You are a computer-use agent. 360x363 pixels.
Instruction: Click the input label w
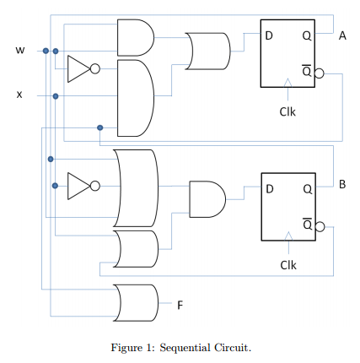20,51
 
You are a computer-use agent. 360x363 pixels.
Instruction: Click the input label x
19,95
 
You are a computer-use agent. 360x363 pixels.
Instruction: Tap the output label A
342,35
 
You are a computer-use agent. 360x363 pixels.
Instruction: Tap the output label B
342,184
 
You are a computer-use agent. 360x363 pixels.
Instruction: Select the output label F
180,305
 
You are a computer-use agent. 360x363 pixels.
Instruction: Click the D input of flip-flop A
269,35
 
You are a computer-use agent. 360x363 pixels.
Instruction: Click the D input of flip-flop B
270,189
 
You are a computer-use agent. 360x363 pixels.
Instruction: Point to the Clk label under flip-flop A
287,111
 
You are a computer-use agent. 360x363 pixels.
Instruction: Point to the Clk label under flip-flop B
288,265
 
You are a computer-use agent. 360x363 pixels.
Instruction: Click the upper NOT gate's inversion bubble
95,68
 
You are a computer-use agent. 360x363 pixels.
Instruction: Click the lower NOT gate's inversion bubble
95,186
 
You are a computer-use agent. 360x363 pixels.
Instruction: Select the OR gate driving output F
136,303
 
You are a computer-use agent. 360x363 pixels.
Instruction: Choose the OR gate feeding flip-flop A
208,51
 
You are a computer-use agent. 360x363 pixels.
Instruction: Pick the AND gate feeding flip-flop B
207,199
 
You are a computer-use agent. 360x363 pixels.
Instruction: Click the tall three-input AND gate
136,98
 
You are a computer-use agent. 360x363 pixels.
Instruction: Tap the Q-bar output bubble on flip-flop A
320,73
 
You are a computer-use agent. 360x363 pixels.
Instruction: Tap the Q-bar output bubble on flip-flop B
320,226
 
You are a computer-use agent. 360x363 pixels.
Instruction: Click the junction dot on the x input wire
56,96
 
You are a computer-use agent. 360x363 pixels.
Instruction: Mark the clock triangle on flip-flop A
287,83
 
